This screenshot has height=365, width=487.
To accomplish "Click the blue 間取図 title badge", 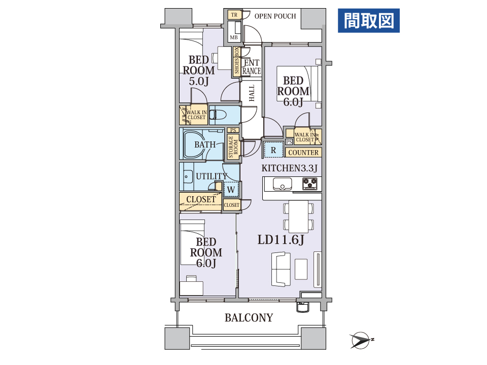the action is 369,21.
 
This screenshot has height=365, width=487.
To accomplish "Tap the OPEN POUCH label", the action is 275,16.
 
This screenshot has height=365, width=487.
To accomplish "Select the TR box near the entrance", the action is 234,15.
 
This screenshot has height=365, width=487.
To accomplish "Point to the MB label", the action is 234,37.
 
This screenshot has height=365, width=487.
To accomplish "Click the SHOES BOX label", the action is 237,61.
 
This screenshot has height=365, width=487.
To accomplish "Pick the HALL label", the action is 252,93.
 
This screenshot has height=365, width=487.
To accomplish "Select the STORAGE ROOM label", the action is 233,147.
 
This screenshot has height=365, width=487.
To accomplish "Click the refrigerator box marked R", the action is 273,150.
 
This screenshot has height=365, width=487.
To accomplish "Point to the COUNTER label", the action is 303,153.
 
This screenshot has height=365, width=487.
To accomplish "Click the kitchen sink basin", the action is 283,184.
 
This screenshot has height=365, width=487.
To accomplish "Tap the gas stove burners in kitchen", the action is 310,184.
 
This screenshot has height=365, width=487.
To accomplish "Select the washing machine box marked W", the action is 231,189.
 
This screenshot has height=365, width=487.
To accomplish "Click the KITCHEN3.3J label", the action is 290,168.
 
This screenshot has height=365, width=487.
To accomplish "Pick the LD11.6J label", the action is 281,240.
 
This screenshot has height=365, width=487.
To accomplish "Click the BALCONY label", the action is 249,317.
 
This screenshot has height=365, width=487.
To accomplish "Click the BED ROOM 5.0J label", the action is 198,70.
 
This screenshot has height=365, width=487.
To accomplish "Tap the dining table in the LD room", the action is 298,216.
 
